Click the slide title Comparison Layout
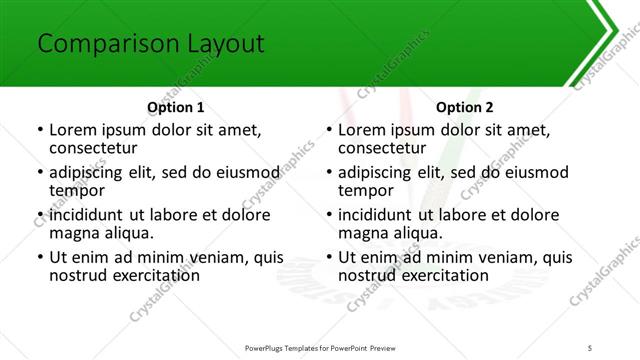pyautogui.click(x=150, y=44)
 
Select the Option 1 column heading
pyautogui.click(x=175, y=107)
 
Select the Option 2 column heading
pyautogui.click(x=465, y=107)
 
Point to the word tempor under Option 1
pyautogui.click(x=77, y=190)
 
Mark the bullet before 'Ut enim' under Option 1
pyautogui.click(x=39, y=258)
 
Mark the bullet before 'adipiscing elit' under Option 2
pyautogui.click(x=329, y=173)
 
